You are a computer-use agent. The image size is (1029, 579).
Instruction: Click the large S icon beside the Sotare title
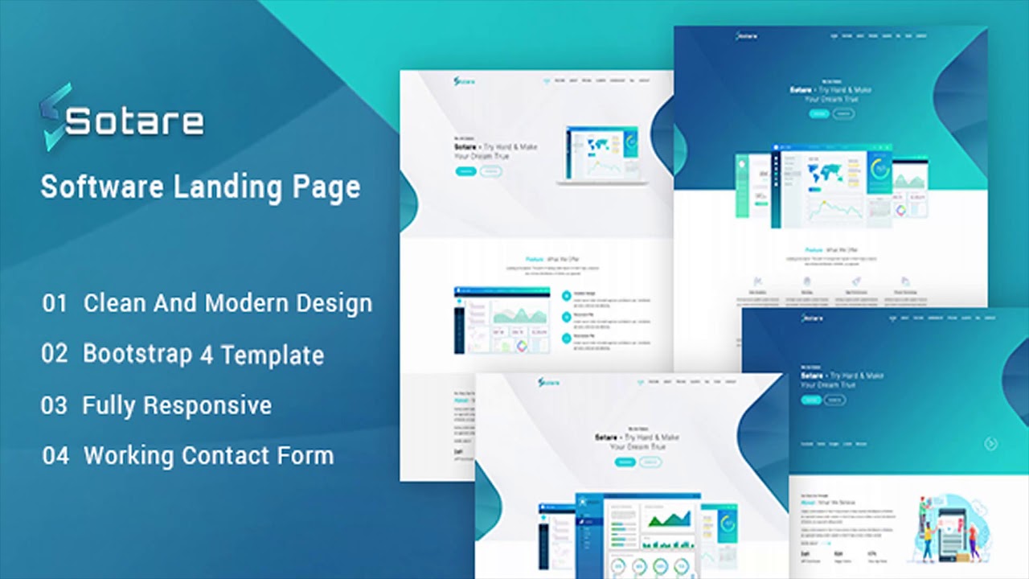(54, 117)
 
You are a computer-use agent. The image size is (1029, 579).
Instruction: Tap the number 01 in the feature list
(55, 304)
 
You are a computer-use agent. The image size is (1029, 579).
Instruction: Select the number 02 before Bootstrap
(55, 355)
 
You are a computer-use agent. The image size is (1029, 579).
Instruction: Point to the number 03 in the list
(54, 405)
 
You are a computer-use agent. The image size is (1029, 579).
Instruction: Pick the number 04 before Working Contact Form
(55, 456)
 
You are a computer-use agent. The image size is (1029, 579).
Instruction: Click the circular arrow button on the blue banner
(990, 443)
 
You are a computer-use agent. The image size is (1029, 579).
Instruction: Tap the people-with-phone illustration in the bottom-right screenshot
(945, 527)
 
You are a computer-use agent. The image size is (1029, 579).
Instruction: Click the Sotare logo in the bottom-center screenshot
(550, 382)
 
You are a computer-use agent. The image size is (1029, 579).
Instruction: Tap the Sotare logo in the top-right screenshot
(747, 36)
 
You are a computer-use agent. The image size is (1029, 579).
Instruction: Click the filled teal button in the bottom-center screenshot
(625, 462)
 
